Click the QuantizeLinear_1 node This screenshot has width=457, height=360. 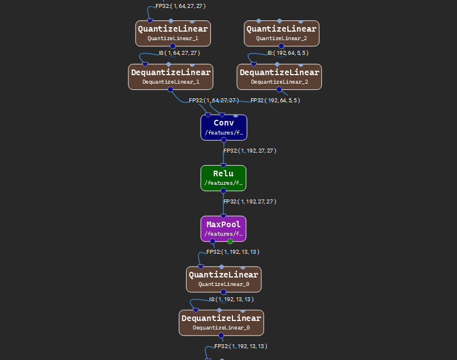[x=173, y=33]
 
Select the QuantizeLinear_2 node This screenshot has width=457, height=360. [x=281, y=33]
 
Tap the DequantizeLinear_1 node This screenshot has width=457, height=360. [x=170, y=76]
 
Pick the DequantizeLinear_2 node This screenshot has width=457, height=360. [x=279, y=76]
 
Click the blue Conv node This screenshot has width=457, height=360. [x=223, y=127]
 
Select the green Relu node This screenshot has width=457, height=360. [x=223, y=177]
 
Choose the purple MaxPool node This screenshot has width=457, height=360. [x=223, y=228]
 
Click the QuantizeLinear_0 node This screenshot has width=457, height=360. [x=223, y=279]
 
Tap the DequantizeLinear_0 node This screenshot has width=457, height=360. [x=221, y=323]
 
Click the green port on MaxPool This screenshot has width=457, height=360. [x=230, y=241]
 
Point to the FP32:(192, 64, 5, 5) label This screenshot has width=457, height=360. [x=275, y=100]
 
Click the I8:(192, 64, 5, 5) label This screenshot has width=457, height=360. [x=284, y=53]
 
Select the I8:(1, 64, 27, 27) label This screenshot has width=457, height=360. [x=179, y=53]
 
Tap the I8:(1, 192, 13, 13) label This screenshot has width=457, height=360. [x=231, y=299]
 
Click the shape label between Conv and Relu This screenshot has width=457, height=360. [x=249, y=151]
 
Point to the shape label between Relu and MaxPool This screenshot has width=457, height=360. [x=249, y=201]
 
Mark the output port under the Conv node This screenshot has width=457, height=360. [x=223, y=140]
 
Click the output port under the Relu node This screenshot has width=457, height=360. [x=223, y=190]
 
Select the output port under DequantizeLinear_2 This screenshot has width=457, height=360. [x=278, y=89]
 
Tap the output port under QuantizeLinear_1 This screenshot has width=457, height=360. [x=173, y=46]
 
